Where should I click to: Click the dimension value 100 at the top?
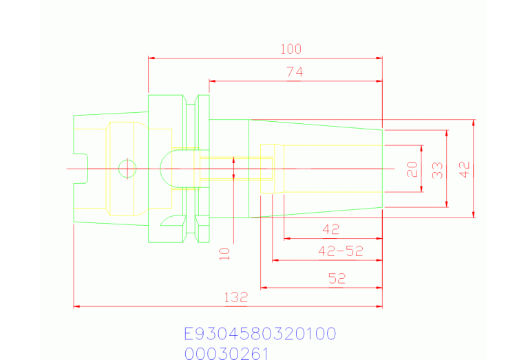[291, 49]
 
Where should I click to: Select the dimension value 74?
[294, 72]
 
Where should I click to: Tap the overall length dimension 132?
[235, 298]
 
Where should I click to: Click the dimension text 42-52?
[340, 251]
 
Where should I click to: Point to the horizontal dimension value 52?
[337, 279]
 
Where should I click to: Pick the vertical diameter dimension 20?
[412, 169]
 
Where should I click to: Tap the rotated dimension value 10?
[224, 254]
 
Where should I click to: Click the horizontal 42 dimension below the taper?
[331, 229]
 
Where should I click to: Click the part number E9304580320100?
[260, 335]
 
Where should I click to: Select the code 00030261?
[226, 354]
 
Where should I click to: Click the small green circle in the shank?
[127, 168]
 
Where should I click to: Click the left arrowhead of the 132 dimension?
[77, 306]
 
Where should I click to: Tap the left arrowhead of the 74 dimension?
[213, 81]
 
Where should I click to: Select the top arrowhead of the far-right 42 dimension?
[474, 123]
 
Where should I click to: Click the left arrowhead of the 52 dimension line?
[264, 288]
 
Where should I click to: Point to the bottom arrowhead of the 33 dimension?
[447, 203]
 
